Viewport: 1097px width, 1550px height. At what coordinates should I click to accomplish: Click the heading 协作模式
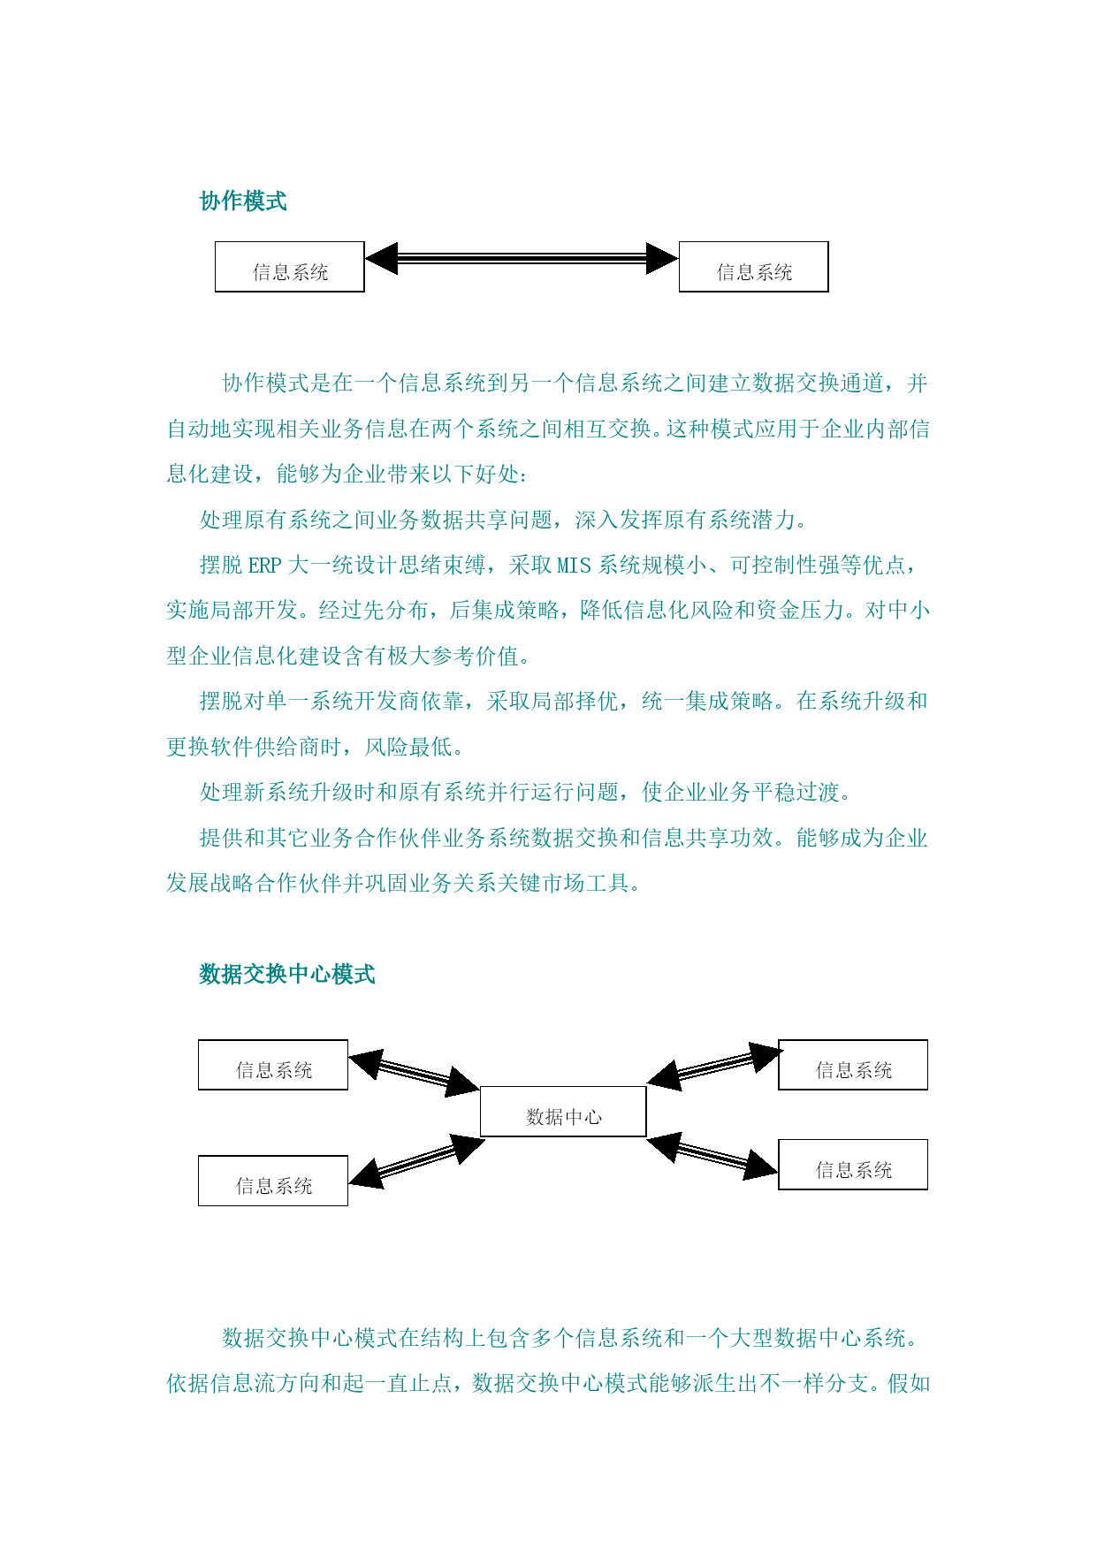(x=243, y=201)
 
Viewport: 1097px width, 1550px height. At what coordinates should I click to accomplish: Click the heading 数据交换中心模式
(x=287, y=975)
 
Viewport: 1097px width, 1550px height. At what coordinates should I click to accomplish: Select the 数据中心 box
(x=563, y=1112)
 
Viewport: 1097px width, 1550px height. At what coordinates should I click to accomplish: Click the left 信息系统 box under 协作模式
(x=290, y=267)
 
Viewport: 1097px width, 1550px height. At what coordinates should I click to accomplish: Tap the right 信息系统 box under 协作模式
(x=753, y=267)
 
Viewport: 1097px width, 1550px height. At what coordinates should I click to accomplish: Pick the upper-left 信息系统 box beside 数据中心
(x=273, y=1065)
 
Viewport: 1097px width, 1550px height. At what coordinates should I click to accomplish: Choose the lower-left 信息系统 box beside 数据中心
(x=273, y=1181)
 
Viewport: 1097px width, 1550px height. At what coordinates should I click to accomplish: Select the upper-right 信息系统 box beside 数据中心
(x=853, y=1065)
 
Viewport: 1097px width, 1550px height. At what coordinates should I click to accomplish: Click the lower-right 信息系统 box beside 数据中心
(x=853, y=1165)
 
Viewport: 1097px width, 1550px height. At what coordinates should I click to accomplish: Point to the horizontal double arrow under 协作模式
(x=522, y=259)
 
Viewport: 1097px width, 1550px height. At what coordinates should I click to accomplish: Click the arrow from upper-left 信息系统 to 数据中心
(x=414, y=1073)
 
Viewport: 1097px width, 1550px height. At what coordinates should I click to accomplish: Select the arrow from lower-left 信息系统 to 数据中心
(x=416, y=1160)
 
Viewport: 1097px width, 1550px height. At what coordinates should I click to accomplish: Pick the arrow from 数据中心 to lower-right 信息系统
(x=712, y=1156)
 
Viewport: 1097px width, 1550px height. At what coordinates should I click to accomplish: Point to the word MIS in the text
(x=574, y=566)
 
